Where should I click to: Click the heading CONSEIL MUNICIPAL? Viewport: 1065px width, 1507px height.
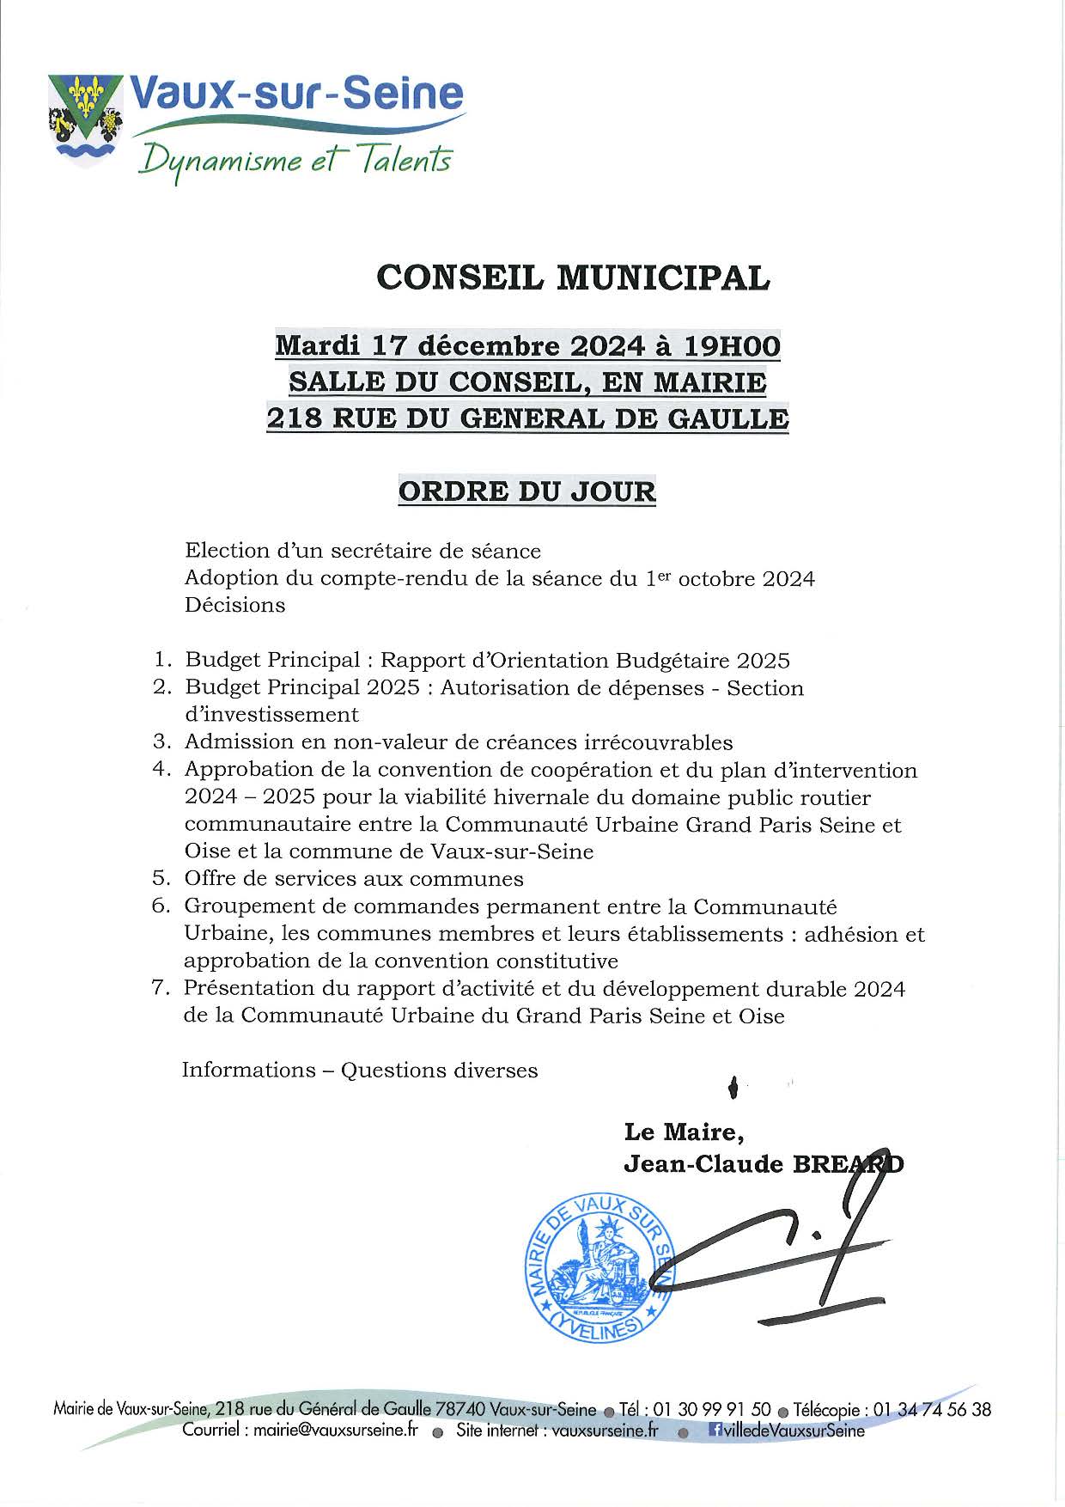click(x=574, y=278)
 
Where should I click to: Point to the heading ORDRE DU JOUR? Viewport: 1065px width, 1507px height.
click(x=527, y=491)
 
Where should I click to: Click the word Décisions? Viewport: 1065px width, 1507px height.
click(x=234, y=605)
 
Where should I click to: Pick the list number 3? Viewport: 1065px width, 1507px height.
click(x=161, y=742)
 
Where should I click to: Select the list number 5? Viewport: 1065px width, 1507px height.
click(x=161, y=879)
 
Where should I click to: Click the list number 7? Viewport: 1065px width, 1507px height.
click(x=161, y=989)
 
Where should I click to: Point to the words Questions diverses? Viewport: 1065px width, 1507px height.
click(x=439, y=1071)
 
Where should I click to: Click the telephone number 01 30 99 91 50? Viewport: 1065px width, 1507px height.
click(x=712, y=1410)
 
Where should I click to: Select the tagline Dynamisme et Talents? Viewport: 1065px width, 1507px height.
click(x=295, y=160)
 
